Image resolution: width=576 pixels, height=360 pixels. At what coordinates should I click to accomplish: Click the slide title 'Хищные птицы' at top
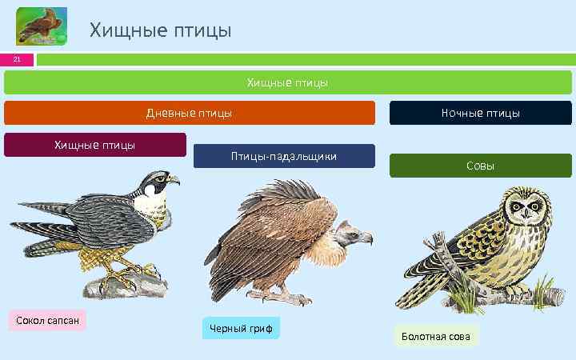point(160,30)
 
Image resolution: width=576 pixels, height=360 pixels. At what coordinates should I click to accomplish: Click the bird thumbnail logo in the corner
point(42,26)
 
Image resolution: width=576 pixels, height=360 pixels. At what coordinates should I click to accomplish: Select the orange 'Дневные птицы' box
point(190,113)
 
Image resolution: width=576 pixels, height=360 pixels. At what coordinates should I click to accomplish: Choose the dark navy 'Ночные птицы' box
point(480,113)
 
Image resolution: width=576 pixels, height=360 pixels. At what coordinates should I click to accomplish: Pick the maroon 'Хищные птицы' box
point(94,145)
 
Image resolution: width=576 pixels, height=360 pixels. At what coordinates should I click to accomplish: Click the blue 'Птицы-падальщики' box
point(284,156)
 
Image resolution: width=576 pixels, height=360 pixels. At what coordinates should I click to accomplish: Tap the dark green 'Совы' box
point(480,166)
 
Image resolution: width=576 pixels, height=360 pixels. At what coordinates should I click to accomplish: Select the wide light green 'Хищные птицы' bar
point(288,82)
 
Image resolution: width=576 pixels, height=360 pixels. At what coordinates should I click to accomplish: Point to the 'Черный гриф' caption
point(241,328)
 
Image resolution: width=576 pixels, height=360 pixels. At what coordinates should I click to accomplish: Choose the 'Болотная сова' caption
point(436,336)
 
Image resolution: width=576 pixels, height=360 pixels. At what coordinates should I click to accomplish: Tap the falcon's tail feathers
point(36,240)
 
